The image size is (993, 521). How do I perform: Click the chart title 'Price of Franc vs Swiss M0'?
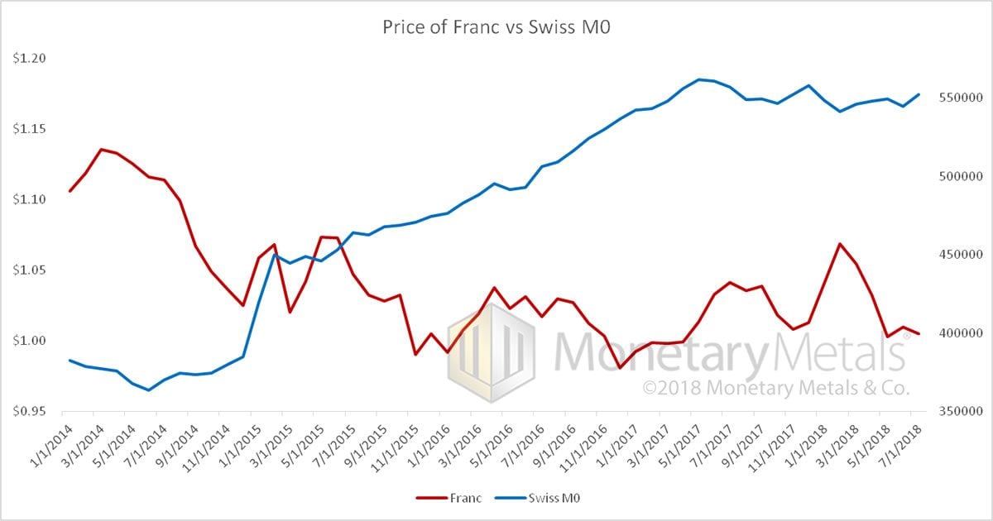click(x=496, y=26)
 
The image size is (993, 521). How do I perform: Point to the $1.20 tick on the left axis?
click(x=31, y=59)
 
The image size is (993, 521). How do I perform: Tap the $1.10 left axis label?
click(x=31, y=199)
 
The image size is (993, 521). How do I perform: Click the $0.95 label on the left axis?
click(x=31, y=411)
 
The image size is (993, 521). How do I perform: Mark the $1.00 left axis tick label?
click(x=31, y=341)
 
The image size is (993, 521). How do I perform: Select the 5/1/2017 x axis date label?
click(x=679, y=442)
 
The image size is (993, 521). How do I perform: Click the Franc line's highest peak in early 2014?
click(x=101, y=150)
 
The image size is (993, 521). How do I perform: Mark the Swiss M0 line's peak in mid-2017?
click(x=699, y=79)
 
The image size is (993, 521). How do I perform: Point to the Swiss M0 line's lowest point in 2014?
click(x=148, y=390)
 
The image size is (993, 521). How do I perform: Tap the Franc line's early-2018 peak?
click(x=840, y=244)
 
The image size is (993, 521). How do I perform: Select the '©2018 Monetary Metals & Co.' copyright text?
click(x=776, y=387)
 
